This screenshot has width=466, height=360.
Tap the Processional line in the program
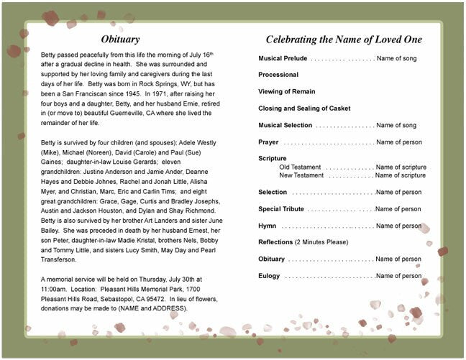[278, 74]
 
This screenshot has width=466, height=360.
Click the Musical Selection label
[285, 125]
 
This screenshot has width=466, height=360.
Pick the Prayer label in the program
[268, 142]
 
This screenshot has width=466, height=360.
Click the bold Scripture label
[273, 158]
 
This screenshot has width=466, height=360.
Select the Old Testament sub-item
[300, 167]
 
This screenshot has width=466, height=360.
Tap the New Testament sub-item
[301, 175]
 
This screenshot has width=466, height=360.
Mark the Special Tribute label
[281, 209]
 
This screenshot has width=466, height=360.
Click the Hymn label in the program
[267, 226]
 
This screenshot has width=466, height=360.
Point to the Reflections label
[275, 242]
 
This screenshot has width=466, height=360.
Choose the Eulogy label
[270, 276]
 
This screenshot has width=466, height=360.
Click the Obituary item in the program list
[272, 259]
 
